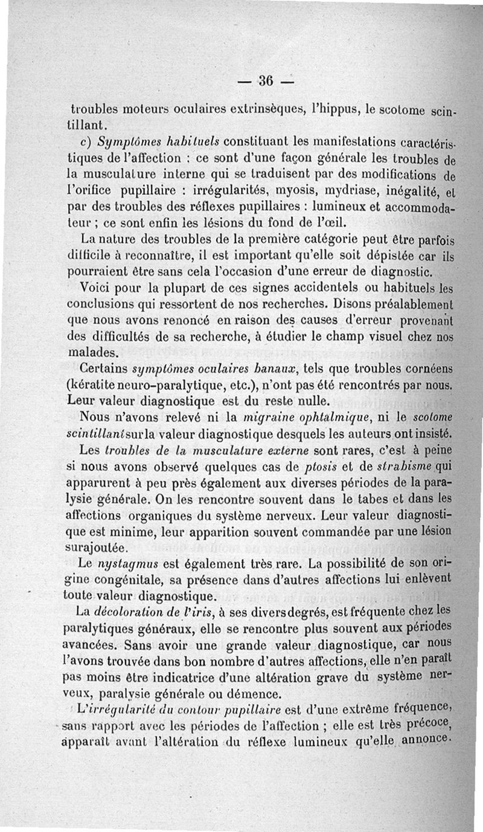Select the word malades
(94, 352)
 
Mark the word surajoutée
(99, 547)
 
